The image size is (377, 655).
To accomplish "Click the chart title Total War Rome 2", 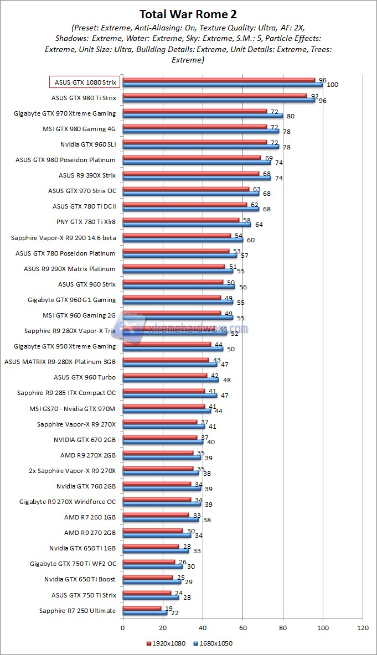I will (189, 14).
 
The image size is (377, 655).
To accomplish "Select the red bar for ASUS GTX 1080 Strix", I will (219, 80).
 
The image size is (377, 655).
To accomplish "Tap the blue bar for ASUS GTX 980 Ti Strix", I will (219, 100).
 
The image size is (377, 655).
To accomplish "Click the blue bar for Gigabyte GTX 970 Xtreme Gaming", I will (203, 116).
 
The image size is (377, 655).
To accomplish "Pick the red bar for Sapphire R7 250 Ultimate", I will (142, 608).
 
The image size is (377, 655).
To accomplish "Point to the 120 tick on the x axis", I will (363, 627).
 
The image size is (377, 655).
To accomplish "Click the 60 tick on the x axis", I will (243, 627).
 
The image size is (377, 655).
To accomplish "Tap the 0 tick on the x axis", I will (123, 627).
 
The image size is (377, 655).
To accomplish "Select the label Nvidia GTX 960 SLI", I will (88, 144).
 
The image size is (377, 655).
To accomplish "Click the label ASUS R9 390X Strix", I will (87, 175).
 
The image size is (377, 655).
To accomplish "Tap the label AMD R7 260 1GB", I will (90, 517).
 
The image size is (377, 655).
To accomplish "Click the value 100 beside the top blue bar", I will (332, 85).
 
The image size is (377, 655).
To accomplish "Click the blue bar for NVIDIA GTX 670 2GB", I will (163, 442).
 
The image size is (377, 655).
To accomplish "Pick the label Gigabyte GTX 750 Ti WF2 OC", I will (73, 564).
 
